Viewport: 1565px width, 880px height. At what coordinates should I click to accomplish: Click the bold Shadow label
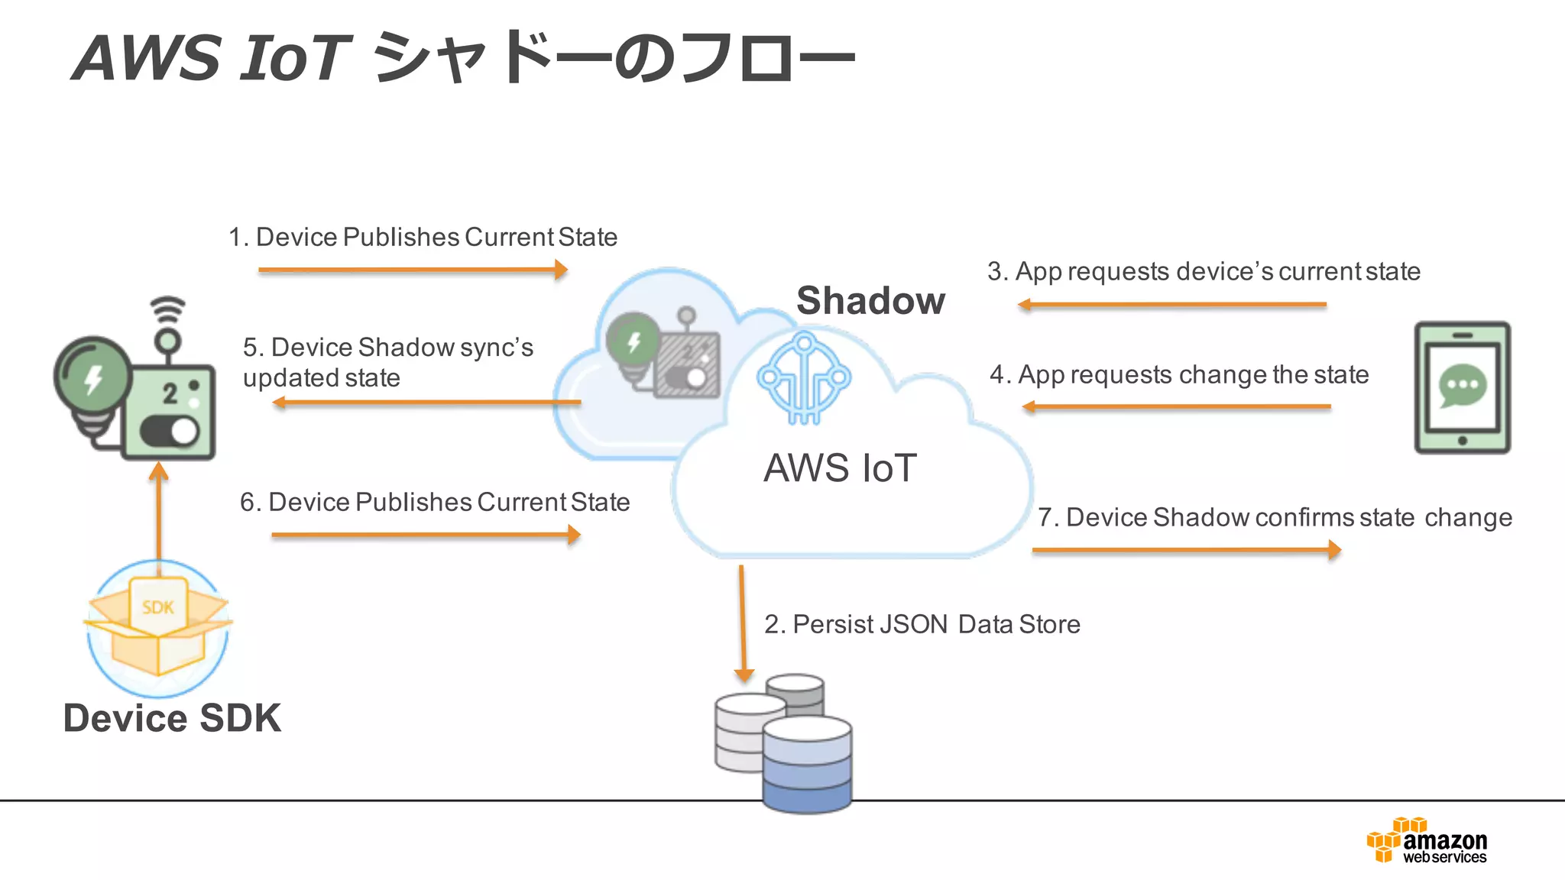point(870,300)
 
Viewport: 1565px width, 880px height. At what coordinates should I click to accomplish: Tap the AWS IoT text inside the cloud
point(840,467)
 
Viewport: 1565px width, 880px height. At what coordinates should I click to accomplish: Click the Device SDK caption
point(172,718)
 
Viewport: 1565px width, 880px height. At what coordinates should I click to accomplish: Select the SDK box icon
point(158,626)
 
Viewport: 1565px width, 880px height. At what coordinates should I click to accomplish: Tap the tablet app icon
point(1462,387)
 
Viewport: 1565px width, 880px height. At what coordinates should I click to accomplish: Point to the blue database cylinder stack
point(807,764)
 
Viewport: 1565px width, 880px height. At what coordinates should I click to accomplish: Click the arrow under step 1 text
point(413,270)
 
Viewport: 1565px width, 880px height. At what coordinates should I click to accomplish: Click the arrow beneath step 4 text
point(1176,407)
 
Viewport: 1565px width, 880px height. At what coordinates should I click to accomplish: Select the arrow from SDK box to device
point(159,512)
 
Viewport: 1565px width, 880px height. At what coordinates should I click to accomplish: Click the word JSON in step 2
point(913,624)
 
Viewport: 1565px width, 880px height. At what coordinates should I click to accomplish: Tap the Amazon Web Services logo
point(1427,841)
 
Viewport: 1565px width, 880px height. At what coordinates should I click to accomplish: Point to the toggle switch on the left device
point(170,432)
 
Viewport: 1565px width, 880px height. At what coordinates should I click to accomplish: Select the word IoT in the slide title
point(293,58)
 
